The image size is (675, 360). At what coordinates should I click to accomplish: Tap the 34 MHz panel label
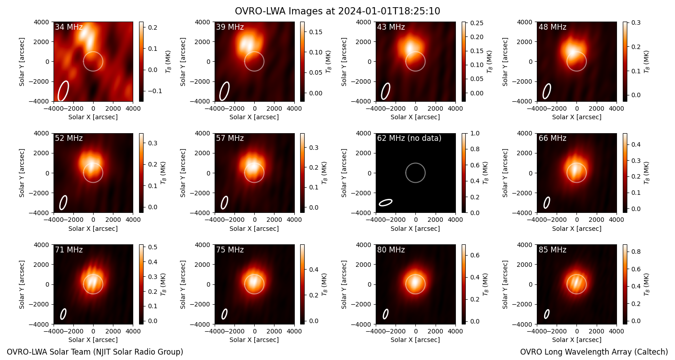[69, 27]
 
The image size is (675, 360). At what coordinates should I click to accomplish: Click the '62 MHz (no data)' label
[409, 138]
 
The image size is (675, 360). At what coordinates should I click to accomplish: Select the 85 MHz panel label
[552, 250]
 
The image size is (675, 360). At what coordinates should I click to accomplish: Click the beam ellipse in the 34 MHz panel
[63, 91]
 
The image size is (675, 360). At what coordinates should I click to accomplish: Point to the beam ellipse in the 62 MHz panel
[386, 202]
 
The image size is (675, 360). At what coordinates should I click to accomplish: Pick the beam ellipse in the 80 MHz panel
[385, 314]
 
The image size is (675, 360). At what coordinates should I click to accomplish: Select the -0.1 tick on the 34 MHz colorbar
[154, 91]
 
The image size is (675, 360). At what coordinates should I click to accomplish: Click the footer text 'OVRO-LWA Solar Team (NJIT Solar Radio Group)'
[95, 352]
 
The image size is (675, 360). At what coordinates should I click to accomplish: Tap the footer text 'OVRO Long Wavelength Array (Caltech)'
[594, 352]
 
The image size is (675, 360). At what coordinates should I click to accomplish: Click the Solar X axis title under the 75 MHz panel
[254, 340]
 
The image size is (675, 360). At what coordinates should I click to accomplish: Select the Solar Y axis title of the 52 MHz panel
[22, 173]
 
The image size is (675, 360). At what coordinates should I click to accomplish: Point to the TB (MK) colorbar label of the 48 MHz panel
[646, 62]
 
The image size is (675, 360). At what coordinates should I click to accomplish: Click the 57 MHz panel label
[230, 138]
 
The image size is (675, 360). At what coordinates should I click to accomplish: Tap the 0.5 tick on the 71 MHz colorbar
[153, 247]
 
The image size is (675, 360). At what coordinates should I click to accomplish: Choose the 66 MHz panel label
[552, 138]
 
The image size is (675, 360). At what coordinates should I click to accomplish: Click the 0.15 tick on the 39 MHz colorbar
[315, 32]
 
